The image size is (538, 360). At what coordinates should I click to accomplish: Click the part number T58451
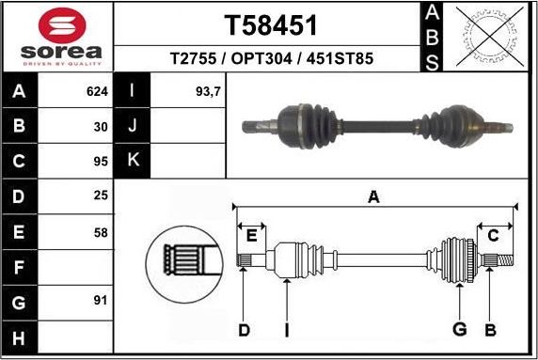pyautogui.click(x=270, y=25)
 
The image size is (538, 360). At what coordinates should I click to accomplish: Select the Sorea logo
pyautogui.click(x=57, y=37)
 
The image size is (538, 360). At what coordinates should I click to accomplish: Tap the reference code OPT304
pyautogui.click(x=269, y=59)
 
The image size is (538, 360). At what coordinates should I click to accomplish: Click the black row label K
pyautogui.click(x=134, y=162)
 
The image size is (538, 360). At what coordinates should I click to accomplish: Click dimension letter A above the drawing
pyautogui.click(x=373, y=196)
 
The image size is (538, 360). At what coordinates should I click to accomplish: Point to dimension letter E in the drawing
pyautogui.click(x=250, y=235)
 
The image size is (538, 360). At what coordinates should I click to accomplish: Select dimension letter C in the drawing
pyautogui.click(x=492, y=236)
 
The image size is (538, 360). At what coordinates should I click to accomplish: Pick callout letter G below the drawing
pyautogui.click(x=459, y=329)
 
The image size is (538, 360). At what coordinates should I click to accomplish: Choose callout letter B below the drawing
pyautogui.click(x=489, y=329)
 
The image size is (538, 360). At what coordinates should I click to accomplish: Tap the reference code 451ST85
pyautogui.click(x=340, y=59)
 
